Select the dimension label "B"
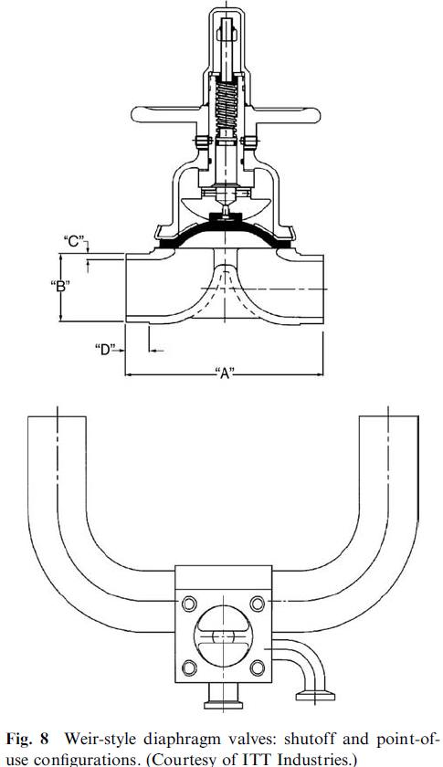coord(60,286)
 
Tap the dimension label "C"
coord(74,241)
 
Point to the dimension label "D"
coord(105,349)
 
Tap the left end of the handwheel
coord(134,114)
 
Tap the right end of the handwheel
coord(317,114)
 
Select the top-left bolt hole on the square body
coord(189,604)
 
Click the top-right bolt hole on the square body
coord(258,604)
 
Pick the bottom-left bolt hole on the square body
coord(189,667)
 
